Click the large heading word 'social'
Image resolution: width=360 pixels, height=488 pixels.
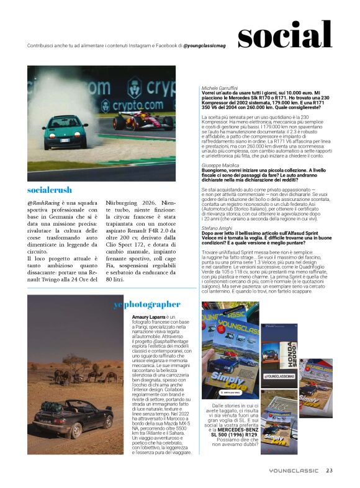pos(284,35)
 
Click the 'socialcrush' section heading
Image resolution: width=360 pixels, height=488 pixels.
pos(50,190)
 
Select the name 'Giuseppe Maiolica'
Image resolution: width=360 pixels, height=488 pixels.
pos(221,166)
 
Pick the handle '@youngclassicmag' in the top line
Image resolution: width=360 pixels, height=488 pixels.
pos(206,46)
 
